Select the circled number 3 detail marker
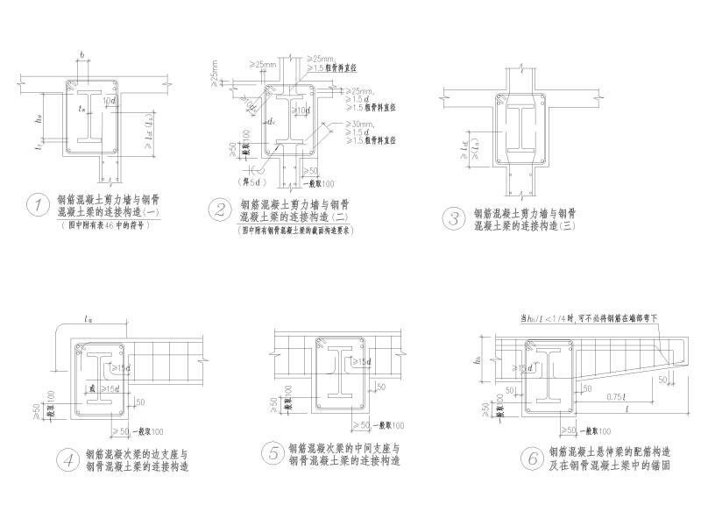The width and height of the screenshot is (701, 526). tap(453, 218)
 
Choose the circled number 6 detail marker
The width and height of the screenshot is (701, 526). tap(528, 458)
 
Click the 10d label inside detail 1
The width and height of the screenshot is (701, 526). tap(108, 103)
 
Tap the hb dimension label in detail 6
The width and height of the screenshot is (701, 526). tap(479, 358)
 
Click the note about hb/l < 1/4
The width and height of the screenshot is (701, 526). tap(587, 316)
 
